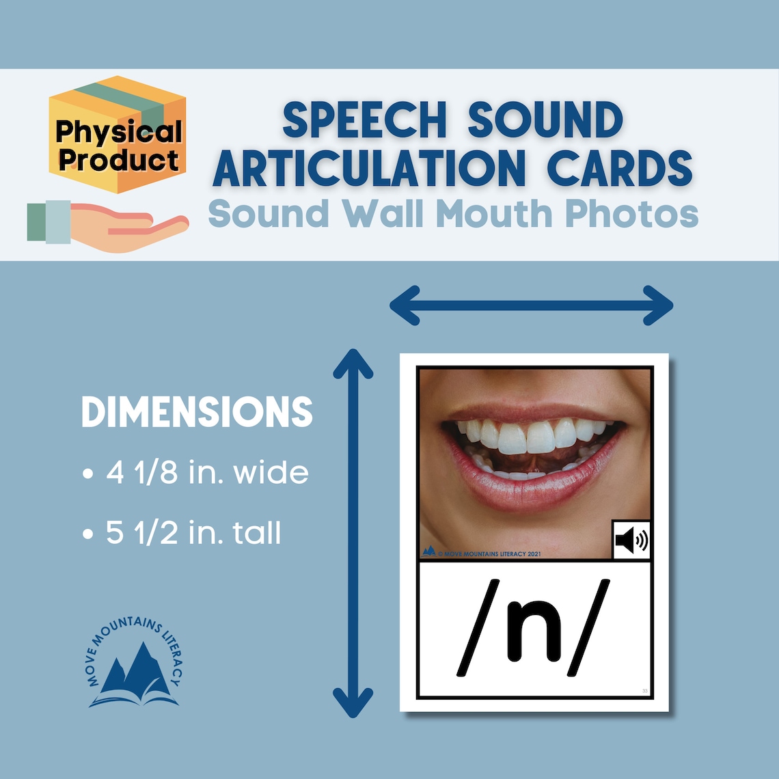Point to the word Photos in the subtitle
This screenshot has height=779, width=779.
(x=631, y=214)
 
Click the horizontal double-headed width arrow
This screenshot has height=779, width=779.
(x=531, y=305)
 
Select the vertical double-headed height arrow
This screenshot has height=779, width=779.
(x=353, y=533)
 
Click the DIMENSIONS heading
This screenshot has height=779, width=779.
(x=197, y=412)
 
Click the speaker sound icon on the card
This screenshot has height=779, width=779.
(x=631, y=541)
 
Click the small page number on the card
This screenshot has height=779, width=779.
(x=644, y=692)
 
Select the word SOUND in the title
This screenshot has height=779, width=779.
(x=545, y=120)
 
